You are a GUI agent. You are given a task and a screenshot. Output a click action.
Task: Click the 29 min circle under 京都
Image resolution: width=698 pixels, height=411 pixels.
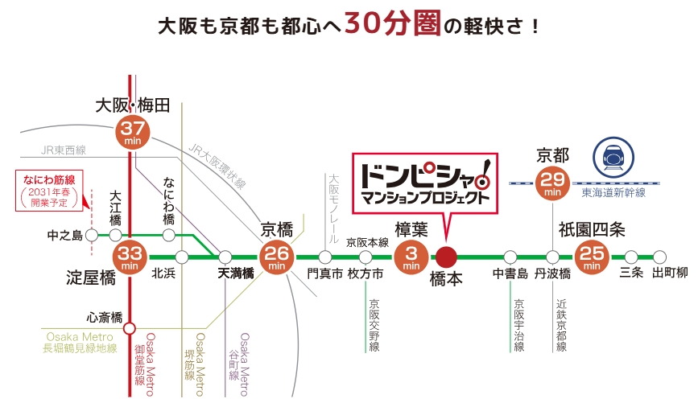pos(552,183)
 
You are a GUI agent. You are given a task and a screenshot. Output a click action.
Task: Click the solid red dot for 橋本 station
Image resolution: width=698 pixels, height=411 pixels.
pos(446,257)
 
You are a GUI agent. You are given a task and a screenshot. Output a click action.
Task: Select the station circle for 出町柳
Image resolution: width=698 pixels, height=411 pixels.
pos(659,257)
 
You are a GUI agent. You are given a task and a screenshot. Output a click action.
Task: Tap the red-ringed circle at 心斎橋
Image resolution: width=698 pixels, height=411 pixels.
pos(130,327)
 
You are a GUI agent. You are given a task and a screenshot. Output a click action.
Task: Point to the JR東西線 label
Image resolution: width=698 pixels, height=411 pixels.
pos(64,150)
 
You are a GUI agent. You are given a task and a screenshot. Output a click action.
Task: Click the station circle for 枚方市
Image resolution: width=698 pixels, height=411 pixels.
pos(366,257)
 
